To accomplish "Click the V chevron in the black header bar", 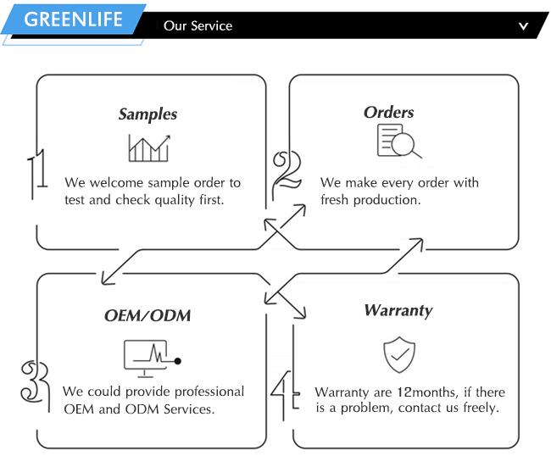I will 524,26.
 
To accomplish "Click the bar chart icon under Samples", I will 148,148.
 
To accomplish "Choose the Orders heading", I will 388,112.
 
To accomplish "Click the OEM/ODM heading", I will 147,315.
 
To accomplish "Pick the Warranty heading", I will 398,310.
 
